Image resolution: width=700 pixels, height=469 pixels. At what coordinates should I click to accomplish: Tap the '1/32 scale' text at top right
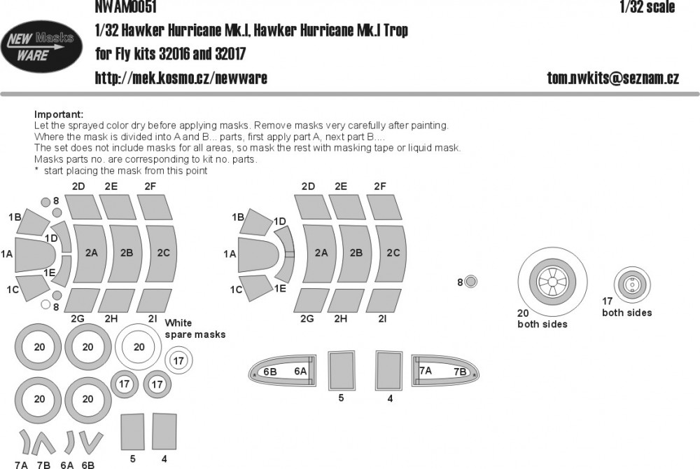(x=647, y=7)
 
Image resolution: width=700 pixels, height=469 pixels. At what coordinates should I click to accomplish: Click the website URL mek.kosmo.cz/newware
(x=181, y=78)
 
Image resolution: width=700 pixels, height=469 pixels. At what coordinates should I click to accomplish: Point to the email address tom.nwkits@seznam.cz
(x=612, y=78)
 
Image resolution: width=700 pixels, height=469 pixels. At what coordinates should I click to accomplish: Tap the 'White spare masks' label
(x=195, y=329)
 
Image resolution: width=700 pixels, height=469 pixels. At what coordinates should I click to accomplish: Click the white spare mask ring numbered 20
(x=139, y=346)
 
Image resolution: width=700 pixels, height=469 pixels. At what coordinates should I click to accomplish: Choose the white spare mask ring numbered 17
(x=178, y=361)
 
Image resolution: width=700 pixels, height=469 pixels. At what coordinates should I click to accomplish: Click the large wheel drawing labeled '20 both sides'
(x=552, y=284)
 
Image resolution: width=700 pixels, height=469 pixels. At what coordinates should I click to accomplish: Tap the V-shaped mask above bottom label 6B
(x=88, y=442)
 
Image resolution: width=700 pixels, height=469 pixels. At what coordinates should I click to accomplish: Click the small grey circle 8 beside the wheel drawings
(x=471, y=283)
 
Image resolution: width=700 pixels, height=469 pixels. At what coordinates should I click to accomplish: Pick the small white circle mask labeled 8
(x=45, y=304)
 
